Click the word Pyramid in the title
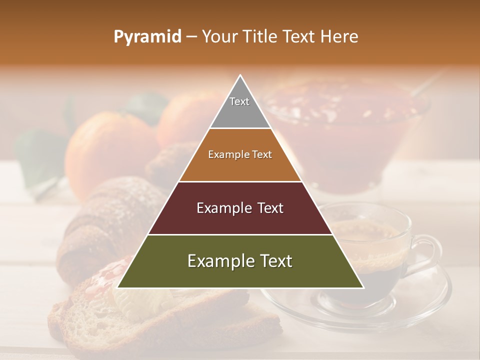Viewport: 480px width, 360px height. (x=147, y=37)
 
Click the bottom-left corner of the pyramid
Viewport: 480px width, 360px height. (x=118, y=287)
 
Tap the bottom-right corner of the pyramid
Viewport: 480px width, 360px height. (x=363, y=287)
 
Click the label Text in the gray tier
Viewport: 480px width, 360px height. (x=239, y=101)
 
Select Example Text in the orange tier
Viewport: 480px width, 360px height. (x=240, y=154)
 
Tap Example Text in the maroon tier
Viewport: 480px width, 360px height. (x=240, y=208)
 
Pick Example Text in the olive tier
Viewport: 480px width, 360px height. (x=240, y=261)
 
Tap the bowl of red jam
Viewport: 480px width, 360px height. (x=350, y=130)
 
